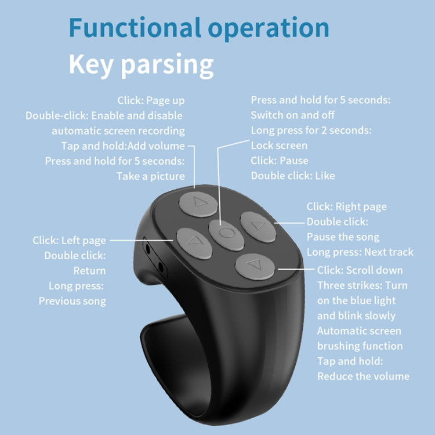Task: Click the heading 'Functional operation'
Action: coord(198,28)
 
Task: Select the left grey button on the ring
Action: coord(191,242)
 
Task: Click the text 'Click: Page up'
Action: coord(151,100)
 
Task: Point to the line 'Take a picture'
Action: coord(151,176)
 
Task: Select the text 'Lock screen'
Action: coord(279,145)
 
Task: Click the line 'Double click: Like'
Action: coord(293,175)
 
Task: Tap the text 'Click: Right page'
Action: coord(346,206)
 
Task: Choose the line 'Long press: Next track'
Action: coord(360,252)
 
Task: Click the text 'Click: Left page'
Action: coord(69,240)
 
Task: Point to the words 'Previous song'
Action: coord(72,300)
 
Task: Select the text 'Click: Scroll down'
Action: coord(360,270)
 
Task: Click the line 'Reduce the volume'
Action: coord(363,376)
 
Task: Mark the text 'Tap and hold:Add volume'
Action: coord(123,146)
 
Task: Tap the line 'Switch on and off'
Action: coord(293,115)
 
